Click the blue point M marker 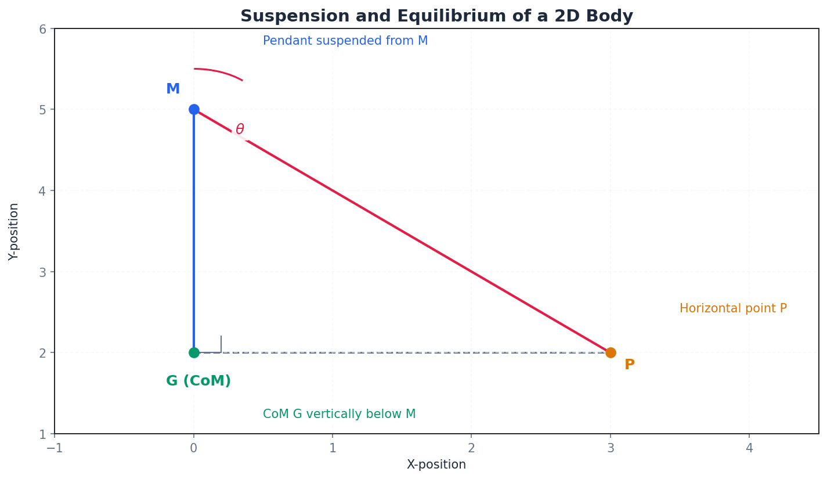click(194, 109)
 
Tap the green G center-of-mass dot click(194, 352)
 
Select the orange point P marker click(611, 352)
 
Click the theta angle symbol click(240, 129)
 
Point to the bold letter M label click(173, 89)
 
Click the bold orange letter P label click(630, 365)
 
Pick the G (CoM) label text click(198, 381)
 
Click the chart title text click(436, 16)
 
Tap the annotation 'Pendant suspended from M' click(345, 41)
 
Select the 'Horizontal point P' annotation click(733, 309)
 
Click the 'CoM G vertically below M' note click(340, 415)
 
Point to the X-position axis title click(436, 465)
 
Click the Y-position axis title click(14, 231)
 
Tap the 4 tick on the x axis click(749, 448)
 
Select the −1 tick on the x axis click(55, 448)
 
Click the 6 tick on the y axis click(42, 29)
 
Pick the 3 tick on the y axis click(42, 272)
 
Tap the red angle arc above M click(221, 71)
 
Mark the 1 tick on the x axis click(333, 448)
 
